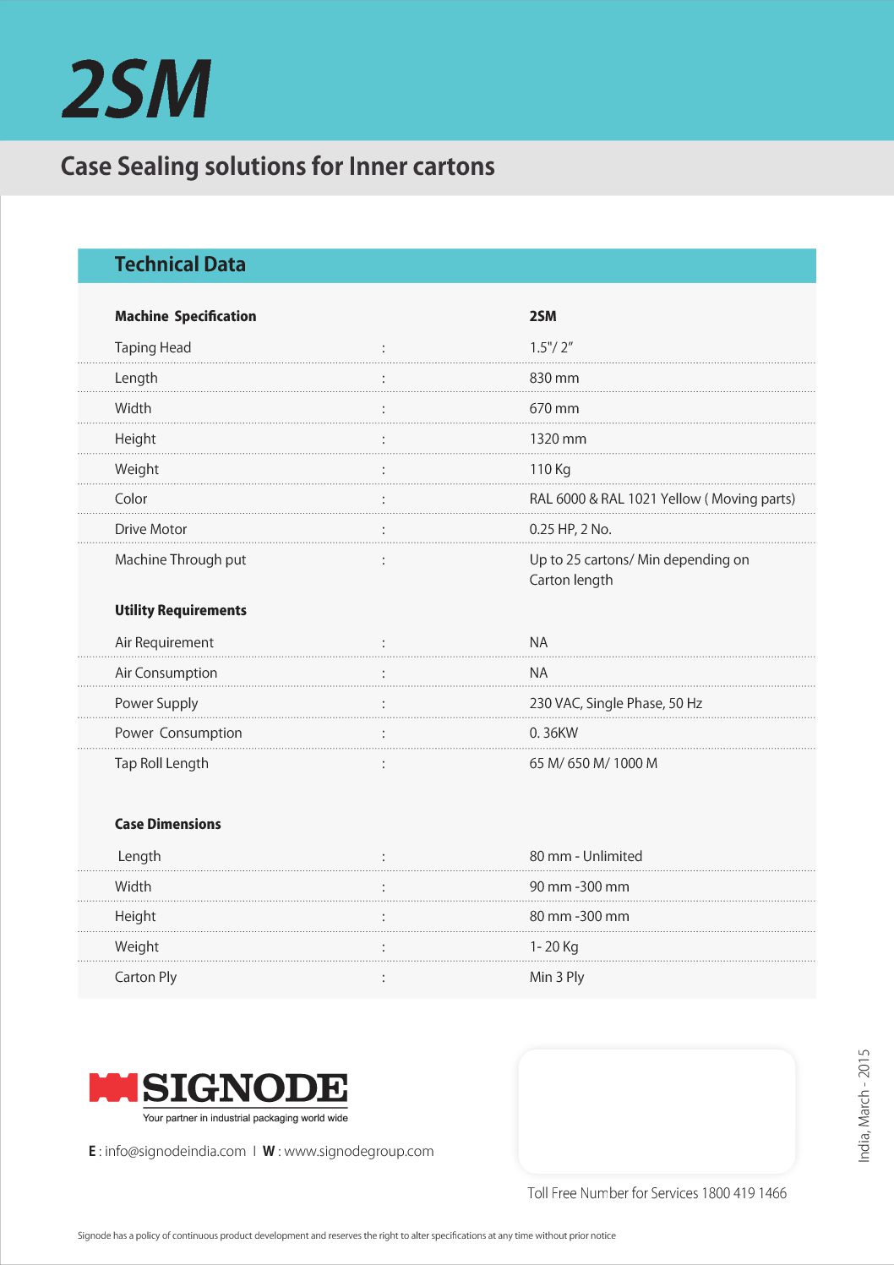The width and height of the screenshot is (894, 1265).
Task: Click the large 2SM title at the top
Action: pos(136,89)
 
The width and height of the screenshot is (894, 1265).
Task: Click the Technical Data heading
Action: pos(180,264)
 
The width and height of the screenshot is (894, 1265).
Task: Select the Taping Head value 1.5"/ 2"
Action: pos(551,347)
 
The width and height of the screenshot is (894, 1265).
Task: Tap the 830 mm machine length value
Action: pos(554,378)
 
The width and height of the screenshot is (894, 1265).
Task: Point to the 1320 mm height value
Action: pos(558,439)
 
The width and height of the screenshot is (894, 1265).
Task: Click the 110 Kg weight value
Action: pos(550,469)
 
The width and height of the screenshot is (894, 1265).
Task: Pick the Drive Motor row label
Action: pos(150,529)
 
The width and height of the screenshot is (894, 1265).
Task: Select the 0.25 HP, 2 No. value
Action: pos(570,529)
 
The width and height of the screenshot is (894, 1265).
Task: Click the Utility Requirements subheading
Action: pos(181,610)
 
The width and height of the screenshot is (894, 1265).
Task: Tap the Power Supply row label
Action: pos(156,703)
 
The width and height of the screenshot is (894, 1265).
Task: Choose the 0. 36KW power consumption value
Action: pos(553,733)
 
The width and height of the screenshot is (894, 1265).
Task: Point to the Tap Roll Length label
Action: pos(161,763)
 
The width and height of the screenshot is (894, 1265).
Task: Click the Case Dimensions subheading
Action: pos(167,824)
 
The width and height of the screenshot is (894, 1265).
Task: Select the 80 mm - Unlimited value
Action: pos(586,856)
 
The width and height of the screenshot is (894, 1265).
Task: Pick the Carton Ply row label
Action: pos(145,977)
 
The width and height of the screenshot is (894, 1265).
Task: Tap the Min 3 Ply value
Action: pos(557,977)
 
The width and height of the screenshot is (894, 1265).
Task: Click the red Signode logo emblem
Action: pos(113,1088)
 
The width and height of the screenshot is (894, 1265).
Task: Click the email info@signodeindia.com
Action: pos(175,1151)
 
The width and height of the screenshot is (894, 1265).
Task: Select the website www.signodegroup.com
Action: pos(358,1151)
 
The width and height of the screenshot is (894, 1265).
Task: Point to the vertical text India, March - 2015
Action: pos(864,1105)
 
